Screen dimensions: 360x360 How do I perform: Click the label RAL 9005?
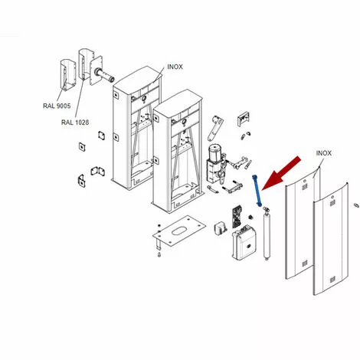click(57, 106)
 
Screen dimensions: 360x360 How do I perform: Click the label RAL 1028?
click(75, 123)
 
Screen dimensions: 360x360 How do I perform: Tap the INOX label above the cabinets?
click(175, 67)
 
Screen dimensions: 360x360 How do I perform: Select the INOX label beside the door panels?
click(324, 153)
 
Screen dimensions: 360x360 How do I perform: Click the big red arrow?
click(281, 174)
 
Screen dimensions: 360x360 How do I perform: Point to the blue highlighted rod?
click(257, 190)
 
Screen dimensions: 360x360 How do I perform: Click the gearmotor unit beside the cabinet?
click(216, 163)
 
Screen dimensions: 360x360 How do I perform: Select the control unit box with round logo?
click(244, 242)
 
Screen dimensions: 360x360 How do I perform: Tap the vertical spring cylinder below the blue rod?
click(267, 234)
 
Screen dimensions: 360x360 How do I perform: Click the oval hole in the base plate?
click(179, 231)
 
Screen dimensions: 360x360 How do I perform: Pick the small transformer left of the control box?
click(221, 228)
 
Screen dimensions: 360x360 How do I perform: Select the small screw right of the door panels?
click(355, 205)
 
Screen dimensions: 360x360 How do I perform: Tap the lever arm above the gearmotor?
click(215, 129)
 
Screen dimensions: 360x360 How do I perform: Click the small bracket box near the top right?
click(244, 119)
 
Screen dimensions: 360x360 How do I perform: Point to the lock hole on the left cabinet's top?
click(143, 99)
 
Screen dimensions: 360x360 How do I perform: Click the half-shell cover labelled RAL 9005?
click(68, 75)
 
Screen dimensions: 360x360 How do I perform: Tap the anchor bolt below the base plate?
click(159, 254)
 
